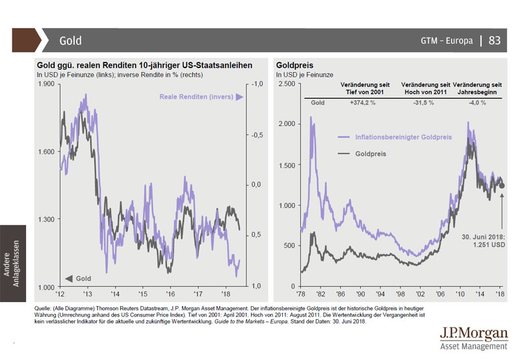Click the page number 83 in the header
tap(494, 40)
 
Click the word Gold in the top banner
tap(70, 40)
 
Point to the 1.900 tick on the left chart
tap(46, 84)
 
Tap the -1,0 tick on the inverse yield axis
tap(255, 84)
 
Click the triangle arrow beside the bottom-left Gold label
tap(68, 279)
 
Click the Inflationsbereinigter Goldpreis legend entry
tap(404, 137)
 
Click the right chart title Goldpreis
tap(296, 66)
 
